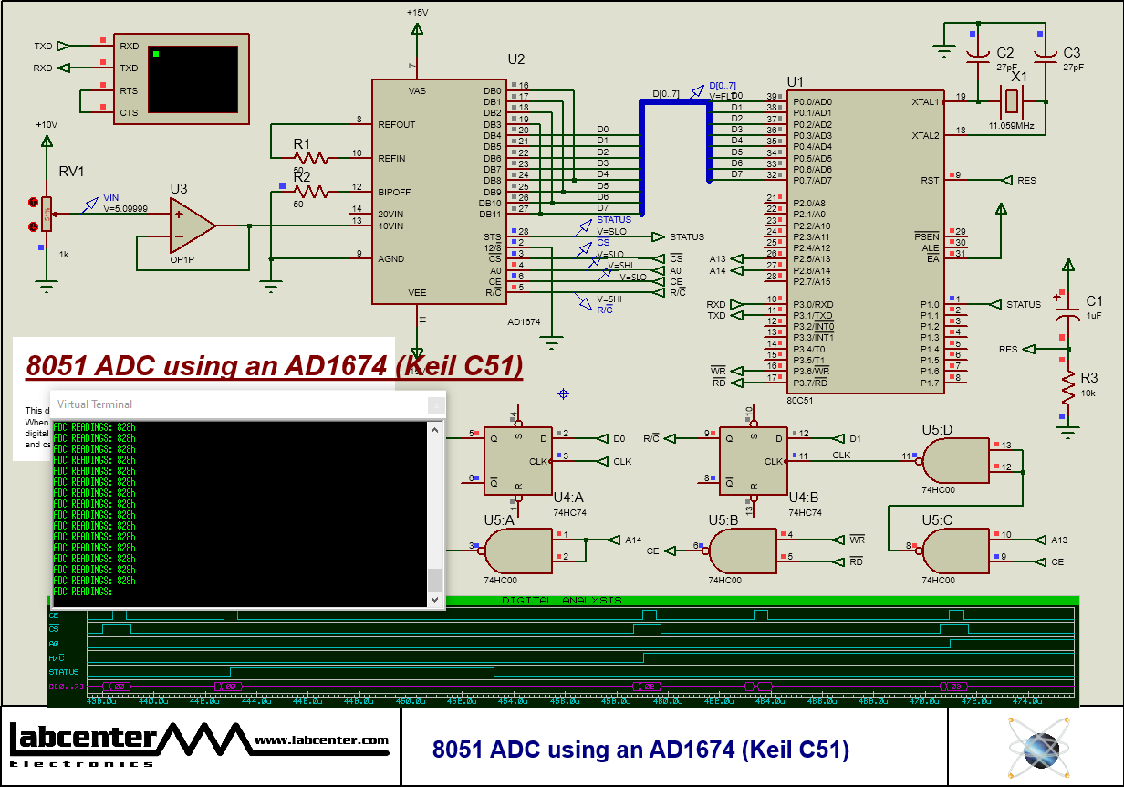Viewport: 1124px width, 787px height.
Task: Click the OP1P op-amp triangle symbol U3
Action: click(x=190, y=226)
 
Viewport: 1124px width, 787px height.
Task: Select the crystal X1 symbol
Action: click(x=1011, y=100)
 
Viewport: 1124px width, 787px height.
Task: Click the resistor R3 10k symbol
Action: click(x=1067, y=391)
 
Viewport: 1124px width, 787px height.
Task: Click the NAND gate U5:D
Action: click(x=954, y=461)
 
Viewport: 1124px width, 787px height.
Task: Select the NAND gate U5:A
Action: click(x=515, y=551)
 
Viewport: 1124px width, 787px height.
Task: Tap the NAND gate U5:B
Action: click(x=741, y=551)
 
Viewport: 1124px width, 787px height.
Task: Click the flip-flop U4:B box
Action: click(x=753, y=461)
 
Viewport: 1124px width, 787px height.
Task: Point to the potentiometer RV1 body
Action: click(x=47, y=215)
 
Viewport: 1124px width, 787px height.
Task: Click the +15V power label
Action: click(x=418, y=13)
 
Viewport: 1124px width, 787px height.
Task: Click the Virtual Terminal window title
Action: click(x=95, y=404)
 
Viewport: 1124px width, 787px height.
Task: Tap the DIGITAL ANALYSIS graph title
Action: click(x=562, y=601)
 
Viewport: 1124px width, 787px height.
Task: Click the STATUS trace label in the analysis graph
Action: click(x=64, y=672)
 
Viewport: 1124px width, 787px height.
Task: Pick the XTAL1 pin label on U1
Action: click(x=925, y=101)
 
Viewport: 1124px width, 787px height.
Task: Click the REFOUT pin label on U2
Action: click(x=397, y=124)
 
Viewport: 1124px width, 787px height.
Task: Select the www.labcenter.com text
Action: click(x=321, y=740)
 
